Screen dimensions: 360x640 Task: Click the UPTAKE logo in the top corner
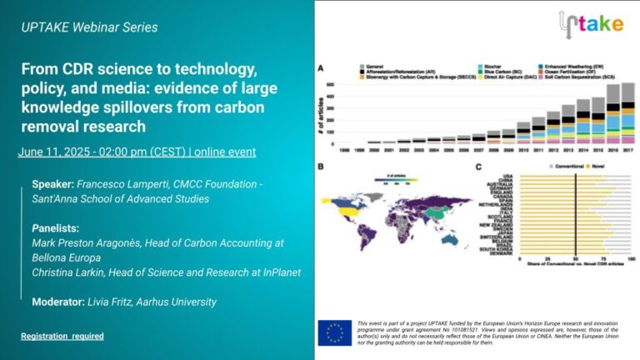pyautogui.click(x=590, y=22)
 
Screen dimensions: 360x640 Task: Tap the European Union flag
pyautogui.click(x=334, y=332)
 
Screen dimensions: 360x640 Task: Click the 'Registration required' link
pyautogui.click(x=62, y=336)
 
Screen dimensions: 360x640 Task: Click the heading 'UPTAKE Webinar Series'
pyautogui.click(x=89, y=27)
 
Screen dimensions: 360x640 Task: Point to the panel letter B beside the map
pyautogui.click(x=322, y=167)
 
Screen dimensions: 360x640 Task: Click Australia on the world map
pyautogui.click(x=451, y=237)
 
